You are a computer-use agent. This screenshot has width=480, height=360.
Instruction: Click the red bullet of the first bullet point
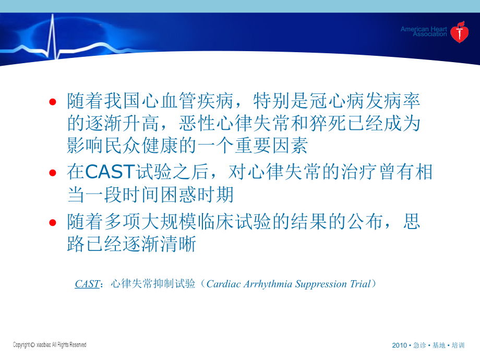52,103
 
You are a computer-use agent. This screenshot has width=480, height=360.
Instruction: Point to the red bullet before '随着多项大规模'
52,223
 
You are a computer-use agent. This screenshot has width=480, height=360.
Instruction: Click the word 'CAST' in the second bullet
109,172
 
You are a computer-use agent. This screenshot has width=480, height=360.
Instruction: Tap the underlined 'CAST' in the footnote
87,284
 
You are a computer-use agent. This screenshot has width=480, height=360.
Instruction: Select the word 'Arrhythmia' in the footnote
267,284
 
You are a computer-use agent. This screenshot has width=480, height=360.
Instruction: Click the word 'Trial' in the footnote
359,284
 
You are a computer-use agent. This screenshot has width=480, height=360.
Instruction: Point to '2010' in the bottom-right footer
399,346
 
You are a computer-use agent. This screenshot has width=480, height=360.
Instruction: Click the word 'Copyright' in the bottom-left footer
21,345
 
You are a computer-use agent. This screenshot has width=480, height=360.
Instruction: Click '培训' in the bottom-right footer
458,346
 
